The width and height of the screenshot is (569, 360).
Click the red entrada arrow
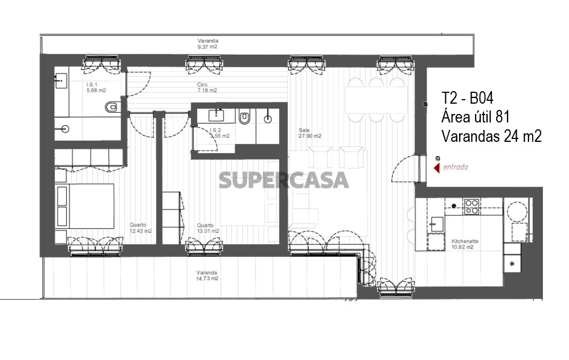point(437,167)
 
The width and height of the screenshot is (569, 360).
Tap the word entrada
point(456,167)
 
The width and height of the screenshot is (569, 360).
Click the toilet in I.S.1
point(113,107)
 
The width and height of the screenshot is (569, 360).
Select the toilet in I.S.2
point(244,117)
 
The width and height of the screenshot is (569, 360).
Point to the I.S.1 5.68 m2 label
point(96,88)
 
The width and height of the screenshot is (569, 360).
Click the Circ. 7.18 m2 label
point(207,88)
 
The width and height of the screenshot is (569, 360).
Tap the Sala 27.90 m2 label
point(310,133)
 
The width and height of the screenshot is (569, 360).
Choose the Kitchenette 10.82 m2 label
point(465,244)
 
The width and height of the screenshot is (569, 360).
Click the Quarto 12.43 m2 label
point(141,228)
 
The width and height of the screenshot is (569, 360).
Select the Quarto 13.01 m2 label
point(208,228)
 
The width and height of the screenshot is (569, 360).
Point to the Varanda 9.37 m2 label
point(207,43)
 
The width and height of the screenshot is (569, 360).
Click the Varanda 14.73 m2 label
point(207,276)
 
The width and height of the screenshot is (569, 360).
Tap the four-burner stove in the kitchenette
point(472,207)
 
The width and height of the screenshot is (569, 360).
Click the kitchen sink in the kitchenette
point(437,224)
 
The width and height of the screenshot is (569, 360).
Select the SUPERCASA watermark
point(284,181)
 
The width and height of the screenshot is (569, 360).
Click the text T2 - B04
point(468,99)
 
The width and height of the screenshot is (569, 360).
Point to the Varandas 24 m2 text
point(492,136)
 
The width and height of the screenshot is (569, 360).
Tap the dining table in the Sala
point(376,100)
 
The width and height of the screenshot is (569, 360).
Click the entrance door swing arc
point(401,163)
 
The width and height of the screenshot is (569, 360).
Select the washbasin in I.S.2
point(216,116)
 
